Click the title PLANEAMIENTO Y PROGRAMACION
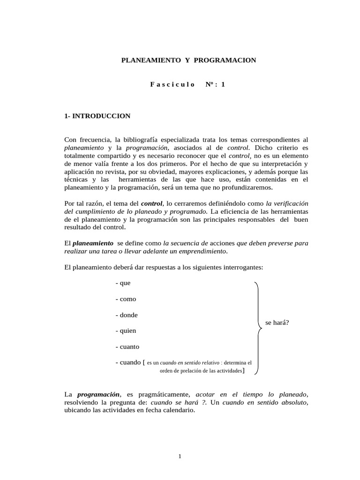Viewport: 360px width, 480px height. pyautogui.click(x=189, y=60)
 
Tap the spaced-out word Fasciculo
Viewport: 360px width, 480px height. pyautogui.click(x=172, y=84)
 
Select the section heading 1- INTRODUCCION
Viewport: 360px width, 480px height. pyautogui.click(x=97, y=116)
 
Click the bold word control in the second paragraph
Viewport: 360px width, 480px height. pyautogui.click(x=151, y=203)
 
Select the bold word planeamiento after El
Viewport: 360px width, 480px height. pyautogui.click(x=93, y=243)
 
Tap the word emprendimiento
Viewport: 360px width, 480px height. pyautogui.click(x=200, y=251)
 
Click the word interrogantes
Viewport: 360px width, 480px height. pyautogui.click(x=244, y=267)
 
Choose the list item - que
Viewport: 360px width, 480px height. pyautogui.click(x=123, y=283)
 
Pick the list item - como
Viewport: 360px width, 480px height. pyautogui.click(x=125, y=299)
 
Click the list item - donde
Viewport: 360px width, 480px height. pyautogui.click(x=126, y=315)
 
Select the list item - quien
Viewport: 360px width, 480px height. pyautogui.click(x=126, y=331)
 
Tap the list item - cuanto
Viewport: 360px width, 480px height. pyautogui.click(x=127, y=347)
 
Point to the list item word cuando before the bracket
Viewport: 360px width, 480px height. pyautogui.click(x=130, y=362)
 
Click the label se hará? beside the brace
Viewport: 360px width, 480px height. pyautogui.click(x=277, y=323)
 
